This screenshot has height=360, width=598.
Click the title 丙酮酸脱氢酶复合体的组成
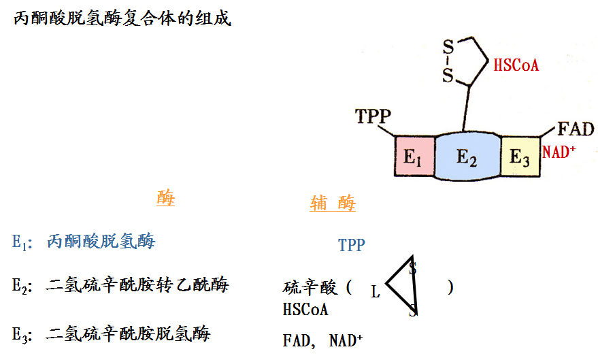point(122,18)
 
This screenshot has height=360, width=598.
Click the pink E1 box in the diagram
point(414,157)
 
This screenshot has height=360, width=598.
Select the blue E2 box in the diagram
point(467,157)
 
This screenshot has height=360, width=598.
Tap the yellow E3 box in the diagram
point(520,157)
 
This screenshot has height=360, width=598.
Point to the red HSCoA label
point(516,65)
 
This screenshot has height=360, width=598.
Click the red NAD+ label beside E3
point(559,152)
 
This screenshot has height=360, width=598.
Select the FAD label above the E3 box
point(575,129)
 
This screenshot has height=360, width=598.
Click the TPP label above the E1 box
point(373,116)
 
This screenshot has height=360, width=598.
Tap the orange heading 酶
point(165,199)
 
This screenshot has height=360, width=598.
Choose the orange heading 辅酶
point(333,203)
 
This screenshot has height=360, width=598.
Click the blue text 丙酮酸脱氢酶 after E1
point(101,241)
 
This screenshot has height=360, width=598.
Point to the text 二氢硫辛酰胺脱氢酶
point(129,333)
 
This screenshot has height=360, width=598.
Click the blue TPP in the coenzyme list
point(351,245)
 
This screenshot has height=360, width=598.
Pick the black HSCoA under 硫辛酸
point(305,310)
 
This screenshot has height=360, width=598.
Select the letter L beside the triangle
point(376,293)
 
